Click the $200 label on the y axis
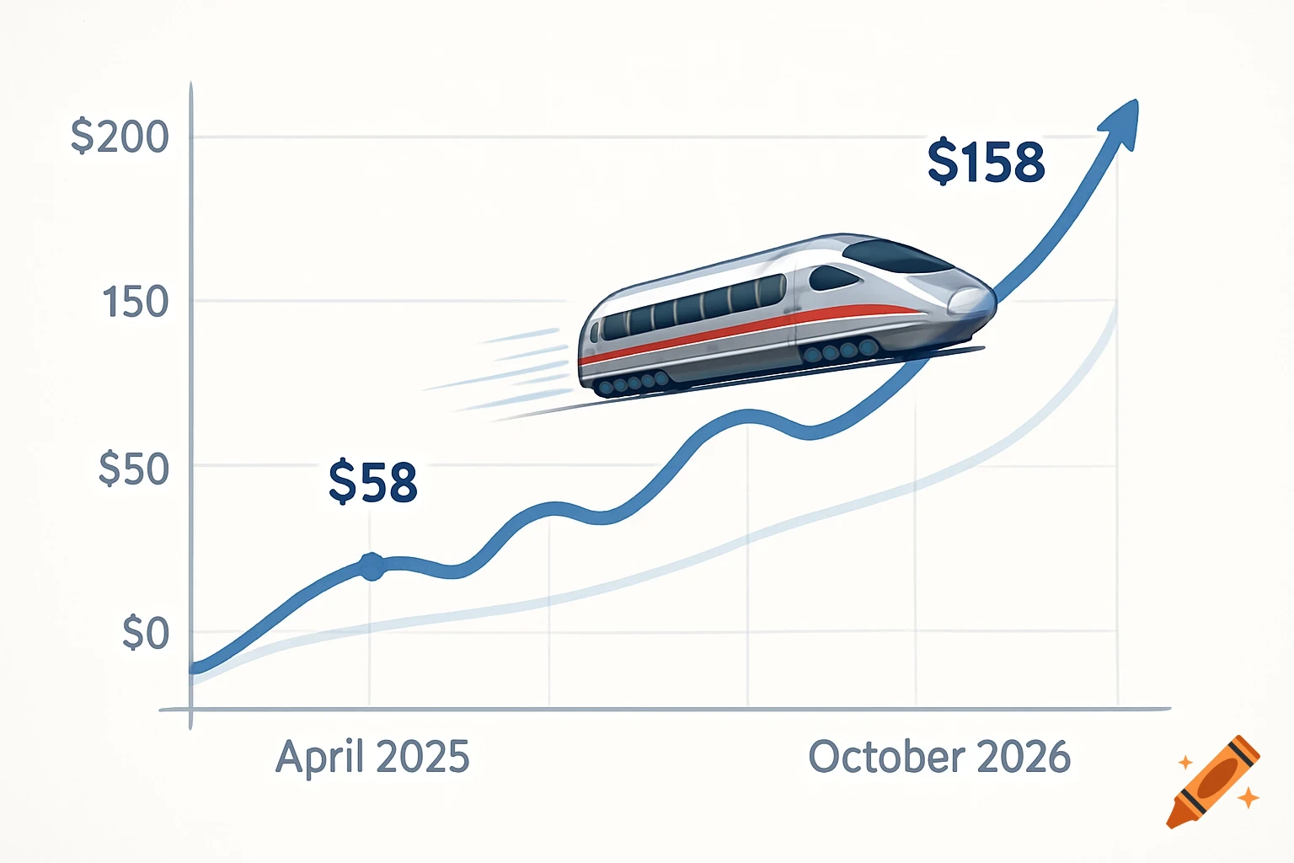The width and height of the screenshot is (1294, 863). pos(120,137)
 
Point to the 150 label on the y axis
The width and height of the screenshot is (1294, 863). pos(135,303)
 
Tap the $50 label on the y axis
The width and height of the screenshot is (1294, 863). pos(133,469)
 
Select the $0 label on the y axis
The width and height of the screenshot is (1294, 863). pos(145,633)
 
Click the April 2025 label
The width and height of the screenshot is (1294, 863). pos(372,757)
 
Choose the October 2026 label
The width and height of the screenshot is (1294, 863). pos(938,757)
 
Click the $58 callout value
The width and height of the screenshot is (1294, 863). pos(372,481)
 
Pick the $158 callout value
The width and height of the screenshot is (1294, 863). pos(986,162)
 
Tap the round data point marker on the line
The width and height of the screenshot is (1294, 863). pos(371,566)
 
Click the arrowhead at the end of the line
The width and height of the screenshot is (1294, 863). pos(1124,121)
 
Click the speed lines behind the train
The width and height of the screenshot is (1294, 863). pos(505,371)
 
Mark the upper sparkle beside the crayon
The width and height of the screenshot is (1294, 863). pos(1184,762)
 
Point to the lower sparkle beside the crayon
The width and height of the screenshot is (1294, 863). pos(1248,796)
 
